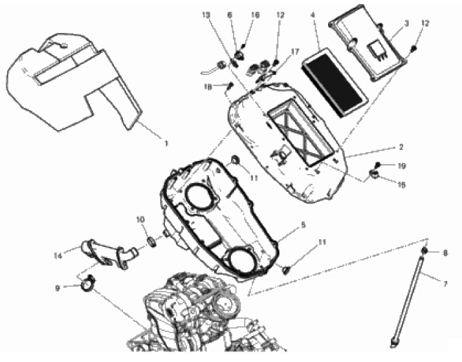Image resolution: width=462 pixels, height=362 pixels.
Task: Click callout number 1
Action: click(x=166, y=144)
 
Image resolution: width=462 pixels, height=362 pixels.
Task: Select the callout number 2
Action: click(x=401, y=147)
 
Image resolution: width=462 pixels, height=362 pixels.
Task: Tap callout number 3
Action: click(x=406, y=23)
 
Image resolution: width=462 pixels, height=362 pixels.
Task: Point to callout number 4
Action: click(x=313, y=15)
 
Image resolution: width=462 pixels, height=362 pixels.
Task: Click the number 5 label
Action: click(x=303, y=225)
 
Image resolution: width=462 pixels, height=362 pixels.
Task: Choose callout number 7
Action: click(x=445, y=284)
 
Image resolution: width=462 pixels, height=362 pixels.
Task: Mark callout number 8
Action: click(x=445, y=253)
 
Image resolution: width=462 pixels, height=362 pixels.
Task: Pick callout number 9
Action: click(x=58, y=288)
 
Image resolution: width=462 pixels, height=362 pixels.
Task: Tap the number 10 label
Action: click(x=140, y=220)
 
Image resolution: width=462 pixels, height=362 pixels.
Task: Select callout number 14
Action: click(x=58, y=256)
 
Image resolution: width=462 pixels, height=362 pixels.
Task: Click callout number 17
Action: click(x=294, y=52)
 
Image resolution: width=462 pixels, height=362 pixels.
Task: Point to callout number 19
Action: click(x=402, y=166)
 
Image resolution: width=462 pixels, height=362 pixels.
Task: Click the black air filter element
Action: click(x=335, y=83)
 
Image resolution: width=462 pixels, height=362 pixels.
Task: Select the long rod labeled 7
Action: click(x=408, y=302)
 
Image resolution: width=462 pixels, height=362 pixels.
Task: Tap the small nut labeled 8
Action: click(x=425, y=250)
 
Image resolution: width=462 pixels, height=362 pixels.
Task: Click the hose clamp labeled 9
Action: click(x=87, y=283)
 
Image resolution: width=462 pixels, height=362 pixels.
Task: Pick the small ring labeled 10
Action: click(x=152, y=242)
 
